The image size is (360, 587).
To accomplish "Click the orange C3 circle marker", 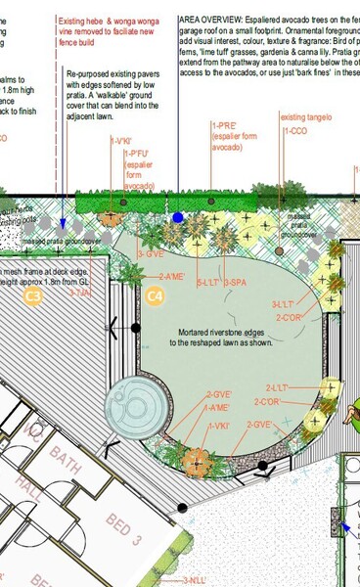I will pos(33,294).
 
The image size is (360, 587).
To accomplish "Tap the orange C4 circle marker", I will pos(155,294).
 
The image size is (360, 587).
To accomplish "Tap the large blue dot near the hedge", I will pos(177,217).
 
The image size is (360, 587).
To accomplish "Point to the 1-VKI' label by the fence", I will pos(121,141).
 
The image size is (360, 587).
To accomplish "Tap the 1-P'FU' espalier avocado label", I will pos(136,154).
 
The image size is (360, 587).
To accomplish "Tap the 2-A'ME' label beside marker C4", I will pos(171,277).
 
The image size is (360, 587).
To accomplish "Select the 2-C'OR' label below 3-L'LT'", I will pos(291,317).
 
